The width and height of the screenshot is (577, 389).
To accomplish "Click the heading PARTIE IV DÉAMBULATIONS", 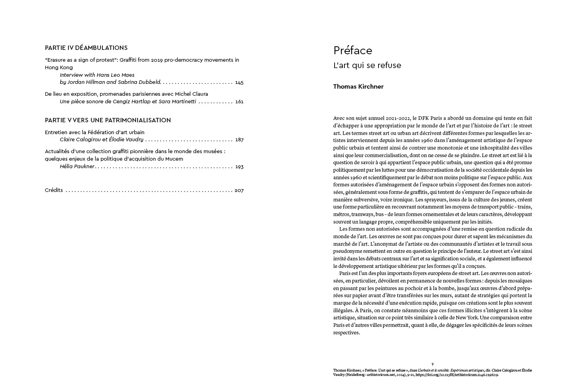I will point(86,48).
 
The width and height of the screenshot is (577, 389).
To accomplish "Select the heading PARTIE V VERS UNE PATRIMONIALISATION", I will point(108,120).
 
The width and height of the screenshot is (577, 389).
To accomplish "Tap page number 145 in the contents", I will point(239,83).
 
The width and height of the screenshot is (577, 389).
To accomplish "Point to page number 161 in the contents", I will point(239,102).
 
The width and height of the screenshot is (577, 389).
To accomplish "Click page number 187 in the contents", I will point(239,140).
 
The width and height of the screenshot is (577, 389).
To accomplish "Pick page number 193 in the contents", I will point(239,167).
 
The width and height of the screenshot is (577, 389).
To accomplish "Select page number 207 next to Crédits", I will point(239,190).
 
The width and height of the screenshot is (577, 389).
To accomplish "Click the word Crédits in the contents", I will point(54,190).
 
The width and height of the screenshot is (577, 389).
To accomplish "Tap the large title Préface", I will point(352,51).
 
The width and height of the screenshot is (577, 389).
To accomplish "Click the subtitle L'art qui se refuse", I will point(367,65).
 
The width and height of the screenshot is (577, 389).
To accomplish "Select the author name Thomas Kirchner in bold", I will point(358,87).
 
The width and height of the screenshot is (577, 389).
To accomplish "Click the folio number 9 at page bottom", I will point(432,364).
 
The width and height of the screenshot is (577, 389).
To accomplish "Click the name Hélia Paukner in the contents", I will point(77,167).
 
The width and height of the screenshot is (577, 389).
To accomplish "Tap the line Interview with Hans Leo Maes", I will point(97,75).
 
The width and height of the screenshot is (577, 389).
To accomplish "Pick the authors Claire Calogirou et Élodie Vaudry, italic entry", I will point(102,140).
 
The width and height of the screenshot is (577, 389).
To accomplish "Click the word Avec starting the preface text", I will point(339,118).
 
